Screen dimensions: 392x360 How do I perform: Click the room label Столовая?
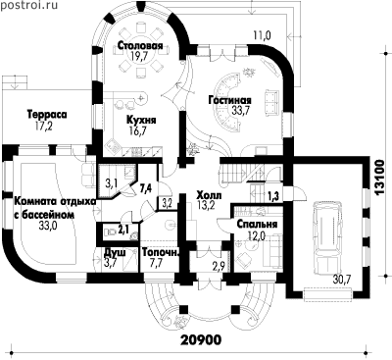[x=140, y=45]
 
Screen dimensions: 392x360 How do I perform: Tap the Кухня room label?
[x=141, y=120]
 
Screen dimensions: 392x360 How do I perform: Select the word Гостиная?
[x=230, y=100]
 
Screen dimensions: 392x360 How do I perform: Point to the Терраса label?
[x=47, y=115]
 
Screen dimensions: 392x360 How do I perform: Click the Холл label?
[x=209, y=195]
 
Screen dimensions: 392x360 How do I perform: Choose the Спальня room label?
[x=257, y=225]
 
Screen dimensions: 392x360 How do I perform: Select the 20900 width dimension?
[x=201, y=339]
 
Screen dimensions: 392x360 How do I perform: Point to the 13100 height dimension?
[x=381, y=178]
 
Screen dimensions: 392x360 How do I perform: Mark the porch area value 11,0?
[x=263, y=35]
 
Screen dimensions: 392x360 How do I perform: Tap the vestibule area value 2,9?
[x=218, y=265]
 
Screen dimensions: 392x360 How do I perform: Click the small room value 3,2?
[x=167, y=203]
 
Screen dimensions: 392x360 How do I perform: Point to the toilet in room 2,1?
[x=110, y=231]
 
